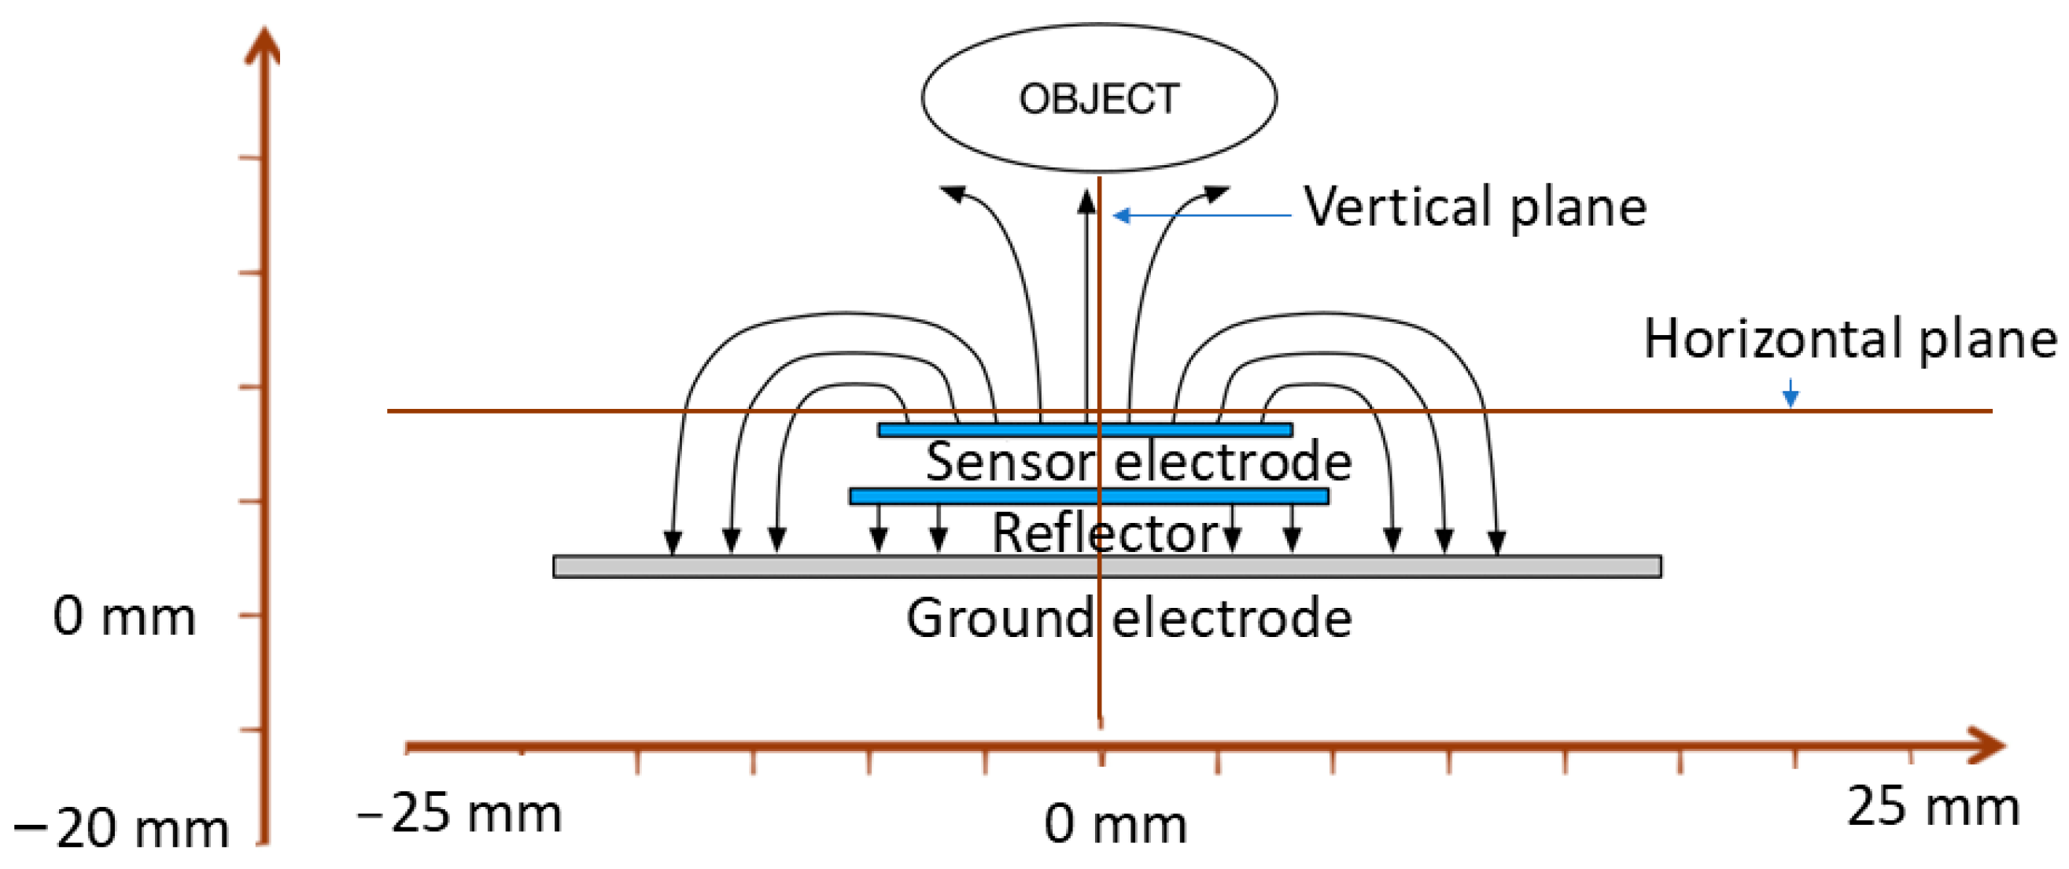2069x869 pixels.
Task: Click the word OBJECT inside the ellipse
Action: click(1099, 100)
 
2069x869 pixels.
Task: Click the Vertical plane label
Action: click(1474, 207)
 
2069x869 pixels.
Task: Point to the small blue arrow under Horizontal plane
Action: click(1791, 393)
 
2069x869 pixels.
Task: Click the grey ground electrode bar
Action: click(1107, 566)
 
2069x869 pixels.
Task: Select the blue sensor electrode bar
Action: click(1084, 429)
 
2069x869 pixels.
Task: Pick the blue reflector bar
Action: click(1088, 496)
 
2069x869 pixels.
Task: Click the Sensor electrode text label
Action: click(1138, 462)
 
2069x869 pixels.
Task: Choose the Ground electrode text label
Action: click(1128, 618)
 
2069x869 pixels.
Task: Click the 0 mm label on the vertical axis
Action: click(124, 617)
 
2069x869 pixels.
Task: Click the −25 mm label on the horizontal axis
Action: click(459, 813)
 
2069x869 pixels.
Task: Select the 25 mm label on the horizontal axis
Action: click(1932, 806)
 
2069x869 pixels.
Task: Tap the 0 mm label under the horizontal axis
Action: click(1115, 824)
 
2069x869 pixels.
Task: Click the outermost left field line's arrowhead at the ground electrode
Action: click(673, 543)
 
